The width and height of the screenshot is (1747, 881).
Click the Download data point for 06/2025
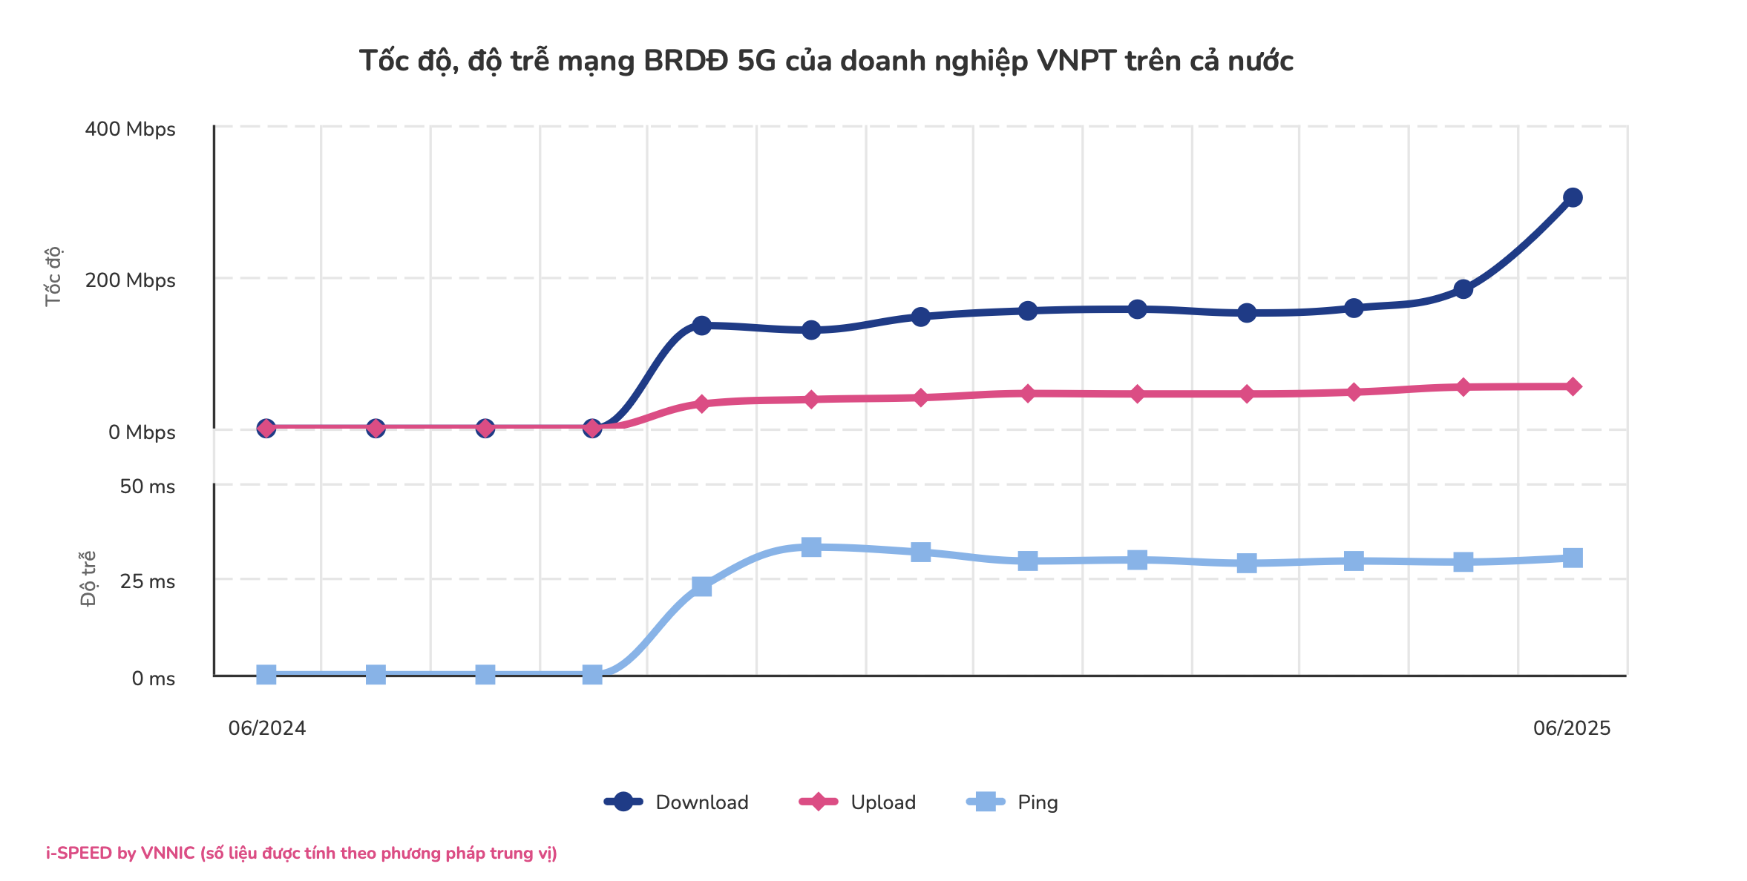(1572, 197)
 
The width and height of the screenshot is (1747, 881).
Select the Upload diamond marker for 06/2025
(1572, 386)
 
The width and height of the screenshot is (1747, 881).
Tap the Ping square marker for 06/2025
(1572, 558)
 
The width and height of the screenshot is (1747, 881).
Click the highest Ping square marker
(811, 547)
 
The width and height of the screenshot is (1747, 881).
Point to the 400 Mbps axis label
(130, 129)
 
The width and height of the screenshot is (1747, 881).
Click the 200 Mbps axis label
(130, 280)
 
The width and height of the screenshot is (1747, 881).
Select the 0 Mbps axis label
(142, 432)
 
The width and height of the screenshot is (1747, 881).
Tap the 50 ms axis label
(147, 486)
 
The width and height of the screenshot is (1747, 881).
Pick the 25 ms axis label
(147, 581)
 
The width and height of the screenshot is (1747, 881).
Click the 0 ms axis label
(153, 679)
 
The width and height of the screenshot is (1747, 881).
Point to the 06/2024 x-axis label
(267, 728)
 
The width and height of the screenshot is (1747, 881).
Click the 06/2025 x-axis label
(1572, 728)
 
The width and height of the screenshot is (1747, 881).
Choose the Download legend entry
(677, 802)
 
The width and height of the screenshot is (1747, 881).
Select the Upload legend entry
(858, 802)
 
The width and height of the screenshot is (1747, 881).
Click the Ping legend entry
(1013, 802)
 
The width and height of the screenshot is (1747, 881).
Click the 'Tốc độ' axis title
(53, 277)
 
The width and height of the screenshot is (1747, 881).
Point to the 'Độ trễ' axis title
(88, 578)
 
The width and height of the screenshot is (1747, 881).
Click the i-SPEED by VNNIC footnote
(301, 854)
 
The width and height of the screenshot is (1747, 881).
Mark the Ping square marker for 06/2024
(266, 674)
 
